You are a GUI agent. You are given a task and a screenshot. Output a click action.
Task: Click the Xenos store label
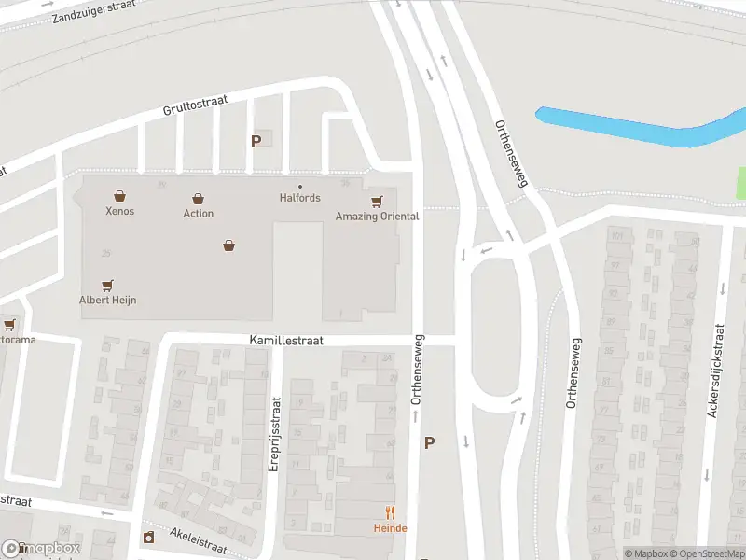(119, 211)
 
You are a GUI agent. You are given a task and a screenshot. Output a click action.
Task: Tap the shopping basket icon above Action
(198, 199)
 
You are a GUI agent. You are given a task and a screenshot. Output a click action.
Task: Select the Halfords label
(299, 198)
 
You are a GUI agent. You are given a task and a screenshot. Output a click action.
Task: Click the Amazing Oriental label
(377, 217)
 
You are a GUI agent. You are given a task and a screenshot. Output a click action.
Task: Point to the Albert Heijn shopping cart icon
(107, 286)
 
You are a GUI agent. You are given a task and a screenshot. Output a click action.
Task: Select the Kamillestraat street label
(285, 342)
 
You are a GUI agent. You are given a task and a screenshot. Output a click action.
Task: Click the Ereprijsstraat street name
(275, 434)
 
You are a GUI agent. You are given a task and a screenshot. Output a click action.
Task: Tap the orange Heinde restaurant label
(391, 528)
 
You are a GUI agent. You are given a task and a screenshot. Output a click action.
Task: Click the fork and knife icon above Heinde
(391, 512)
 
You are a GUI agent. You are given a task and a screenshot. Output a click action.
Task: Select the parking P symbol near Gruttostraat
(256, 141)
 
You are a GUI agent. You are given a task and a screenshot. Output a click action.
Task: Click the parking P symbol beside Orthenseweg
(429, 443)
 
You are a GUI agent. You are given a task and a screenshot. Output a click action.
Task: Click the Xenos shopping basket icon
(119, 196)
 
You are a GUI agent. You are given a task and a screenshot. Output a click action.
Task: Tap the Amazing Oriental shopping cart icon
(377, 202)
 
